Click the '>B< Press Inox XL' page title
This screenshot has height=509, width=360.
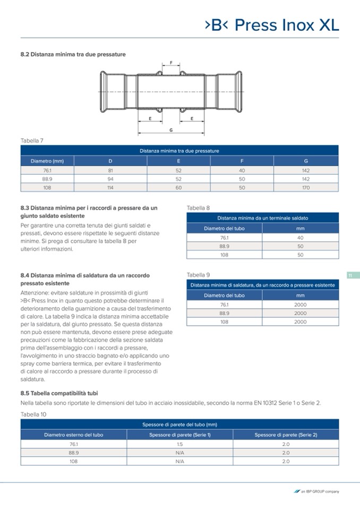pyautogui.click(x=271, y=25)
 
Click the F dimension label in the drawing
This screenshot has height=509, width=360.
pyautogui.click(x=171, y=63)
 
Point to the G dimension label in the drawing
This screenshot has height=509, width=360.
pyautogui.click(x=170, y=130)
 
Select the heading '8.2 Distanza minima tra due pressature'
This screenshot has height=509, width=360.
pyautogui.click(x=73, y=54)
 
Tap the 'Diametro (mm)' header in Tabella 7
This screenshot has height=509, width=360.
pyautogui.click(x=47, y=161)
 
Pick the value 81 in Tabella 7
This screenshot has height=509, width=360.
pyautogui.click(x=110, y=170)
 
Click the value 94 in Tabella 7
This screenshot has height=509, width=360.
pyautogui.click(x=110, y=179)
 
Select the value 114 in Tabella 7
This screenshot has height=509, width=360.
pyautogui.click(x=110, y=187)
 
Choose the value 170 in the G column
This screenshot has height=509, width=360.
pyautogui.click(x=306, y=187)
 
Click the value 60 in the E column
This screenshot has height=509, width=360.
pyautogui.click(x=178, y=187)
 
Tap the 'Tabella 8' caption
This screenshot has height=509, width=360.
pyautogui.click(x=198, y=208)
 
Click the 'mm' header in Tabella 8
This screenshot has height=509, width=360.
pyautogui.click(x=300, y=228)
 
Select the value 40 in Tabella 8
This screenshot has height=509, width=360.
pyautogui.click(x=300, y=238)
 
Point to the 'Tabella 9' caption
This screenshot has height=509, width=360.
pyautogui.click(x=198, y=275)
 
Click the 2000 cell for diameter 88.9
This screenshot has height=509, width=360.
pyautogui.click(x=300, y=313)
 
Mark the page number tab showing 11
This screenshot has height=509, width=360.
pyautogui.click(x=350, y=275)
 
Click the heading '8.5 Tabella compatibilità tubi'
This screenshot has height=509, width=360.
pyautogui.click(x=59, y=393)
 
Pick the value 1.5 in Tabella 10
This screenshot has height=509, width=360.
pyautogui.click(x=179, y=444)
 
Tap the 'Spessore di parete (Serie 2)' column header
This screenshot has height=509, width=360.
pyautogui.click(x=286, y=435)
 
